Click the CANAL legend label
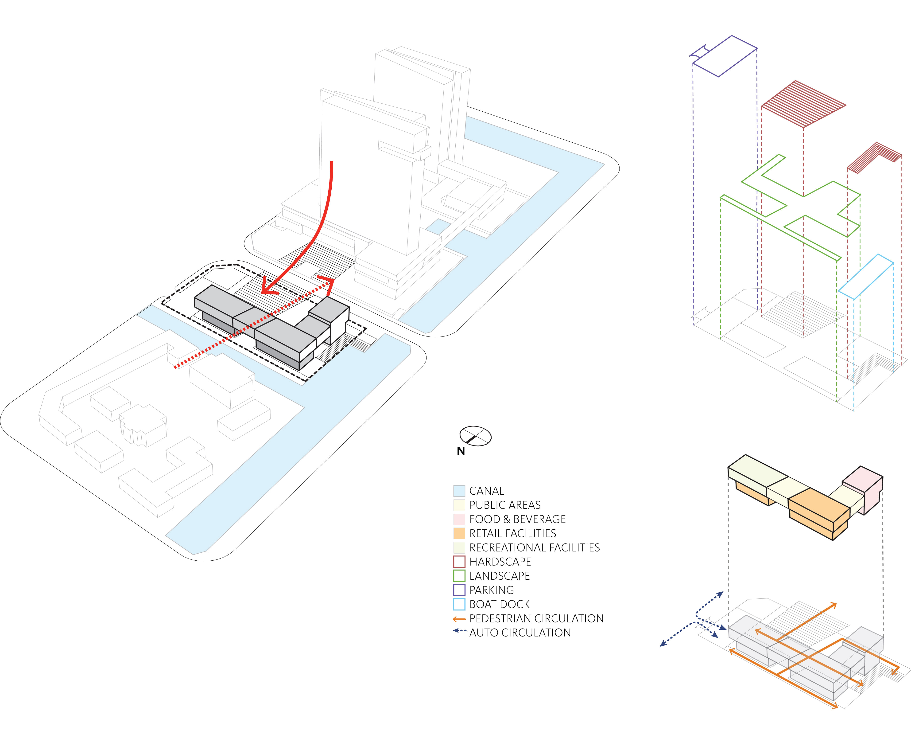[x=487, y=491]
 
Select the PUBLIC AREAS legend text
[x=505, y=505]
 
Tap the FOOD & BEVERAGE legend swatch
[x=459, y=519]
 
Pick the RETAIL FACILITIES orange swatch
[x=459, y=533]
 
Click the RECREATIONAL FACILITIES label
[x=535, y=547]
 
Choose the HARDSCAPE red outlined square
[x=459, y=562]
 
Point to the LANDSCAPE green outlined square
[x=459, y=576]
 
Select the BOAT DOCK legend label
[x=499, y=604]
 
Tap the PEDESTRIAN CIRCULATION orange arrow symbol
[x=459, y=619]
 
